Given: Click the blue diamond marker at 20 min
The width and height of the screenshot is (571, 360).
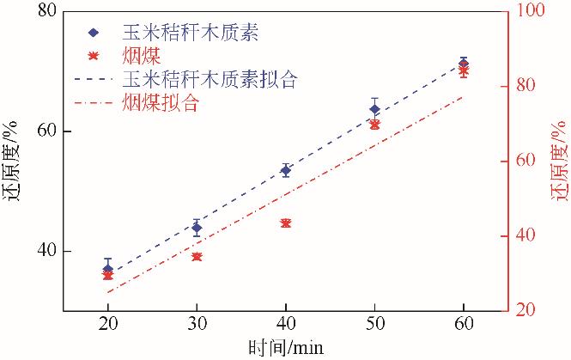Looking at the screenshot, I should click(x=108, y=269).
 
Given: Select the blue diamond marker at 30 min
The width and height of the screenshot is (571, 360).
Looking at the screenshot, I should click(x=197, y=228).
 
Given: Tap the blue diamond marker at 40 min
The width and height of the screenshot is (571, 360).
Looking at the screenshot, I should click(x=286, y=170).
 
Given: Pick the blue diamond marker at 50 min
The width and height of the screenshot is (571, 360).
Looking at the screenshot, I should click(x=374, y=109).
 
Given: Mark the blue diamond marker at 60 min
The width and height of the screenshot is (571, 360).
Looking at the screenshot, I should click(x=464, y=63).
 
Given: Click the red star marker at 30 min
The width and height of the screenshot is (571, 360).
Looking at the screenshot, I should click(x=197, y=257).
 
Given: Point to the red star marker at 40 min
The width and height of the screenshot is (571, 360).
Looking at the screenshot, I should click(x=286, y=223).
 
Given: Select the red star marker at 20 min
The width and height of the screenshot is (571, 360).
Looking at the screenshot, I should click(x=108, y=276).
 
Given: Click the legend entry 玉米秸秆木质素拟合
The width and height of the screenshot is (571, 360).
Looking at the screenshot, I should click(x=210, y=81).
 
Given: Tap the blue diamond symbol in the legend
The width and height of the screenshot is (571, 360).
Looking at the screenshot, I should click(x=94, y=34).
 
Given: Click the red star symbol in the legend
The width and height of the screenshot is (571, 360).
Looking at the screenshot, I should click(x=94, y=58).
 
